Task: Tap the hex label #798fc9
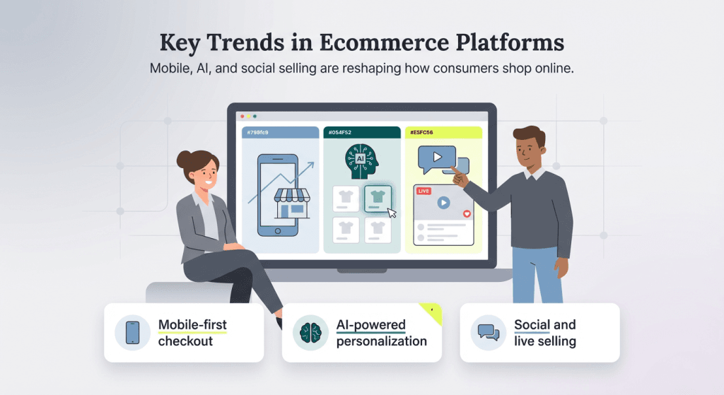[257, 132]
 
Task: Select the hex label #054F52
[338, 132]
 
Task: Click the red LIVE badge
[424, 191]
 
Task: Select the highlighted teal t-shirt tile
[378, 199]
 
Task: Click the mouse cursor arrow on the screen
[392, 212]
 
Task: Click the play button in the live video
[443, 203]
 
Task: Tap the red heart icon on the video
[466, 213]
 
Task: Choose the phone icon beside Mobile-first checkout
[132, 332]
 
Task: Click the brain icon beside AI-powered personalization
[310, 333]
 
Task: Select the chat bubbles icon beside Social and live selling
[489, 333]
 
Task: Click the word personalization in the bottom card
[381, 341]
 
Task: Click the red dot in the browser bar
[242, 117]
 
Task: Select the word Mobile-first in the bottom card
[192, 325]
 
